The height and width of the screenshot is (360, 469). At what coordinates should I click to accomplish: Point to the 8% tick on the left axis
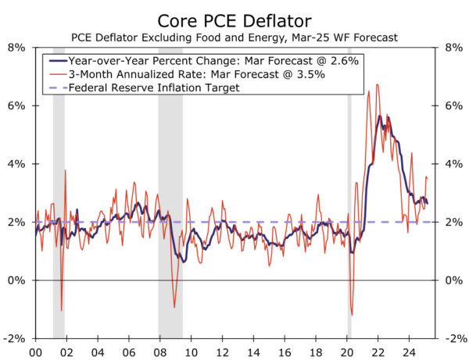point(16,47)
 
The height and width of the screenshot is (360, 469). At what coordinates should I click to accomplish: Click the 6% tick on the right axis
point(453,105)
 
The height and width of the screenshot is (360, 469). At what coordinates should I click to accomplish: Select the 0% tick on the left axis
point(16,280)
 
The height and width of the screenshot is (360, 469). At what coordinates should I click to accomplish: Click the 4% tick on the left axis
point(16,164)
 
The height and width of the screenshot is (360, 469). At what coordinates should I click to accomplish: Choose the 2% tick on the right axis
point(453,223)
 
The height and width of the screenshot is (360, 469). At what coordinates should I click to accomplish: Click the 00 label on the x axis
point(34,352)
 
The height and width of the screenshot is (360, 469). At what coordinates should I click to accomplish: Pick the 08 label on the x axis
point(159,352)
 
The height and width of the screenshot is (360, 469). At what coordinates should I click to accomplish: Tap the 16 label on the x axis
point(285,352)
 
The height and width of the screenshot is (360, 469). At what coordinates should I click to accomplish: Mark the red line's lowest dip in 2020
point(352,315)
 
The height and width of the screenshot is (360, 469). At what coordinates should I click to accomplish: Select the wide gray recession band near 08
point(170,195)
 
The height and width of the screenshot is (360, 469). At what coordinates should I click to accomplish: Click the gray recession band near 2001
point(59,195)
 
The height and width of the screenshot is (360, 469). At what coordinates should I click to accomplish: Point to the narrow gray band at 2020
point(349,195)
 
